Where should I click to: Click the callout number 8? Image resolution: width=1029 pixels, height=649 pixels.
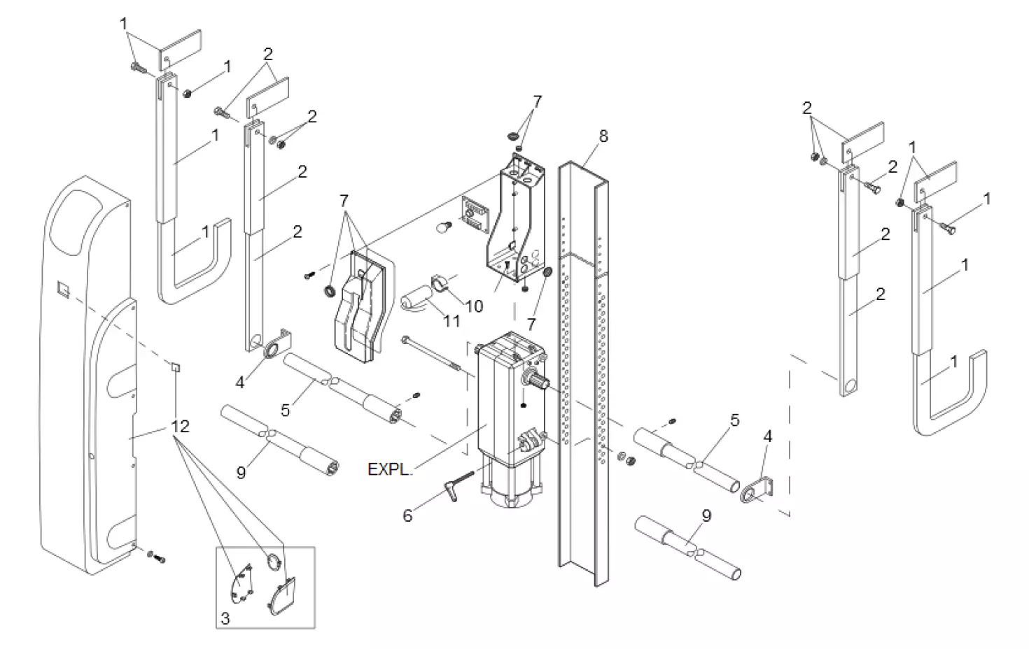603,136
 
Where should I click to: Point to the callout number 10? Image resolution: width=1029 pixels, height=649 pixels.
474,306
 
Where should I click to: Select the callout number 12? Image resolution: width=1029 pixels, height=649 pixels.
180,426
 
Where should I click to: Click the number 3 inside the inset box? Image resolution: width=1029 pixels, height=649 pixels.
225,618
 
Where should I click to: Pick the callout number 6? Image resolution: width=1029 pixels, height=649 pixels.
407,516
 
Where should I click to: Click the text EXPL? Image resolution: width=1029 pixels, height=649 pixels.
388,469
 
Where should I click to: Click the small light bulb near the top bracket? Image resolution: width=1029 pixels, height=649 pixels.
442,226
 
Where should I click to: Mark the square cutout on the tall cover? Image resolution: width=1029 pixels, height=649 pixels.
62,287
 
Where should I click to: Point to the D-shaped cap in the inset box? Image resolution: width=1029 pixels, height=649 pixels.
283,595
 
